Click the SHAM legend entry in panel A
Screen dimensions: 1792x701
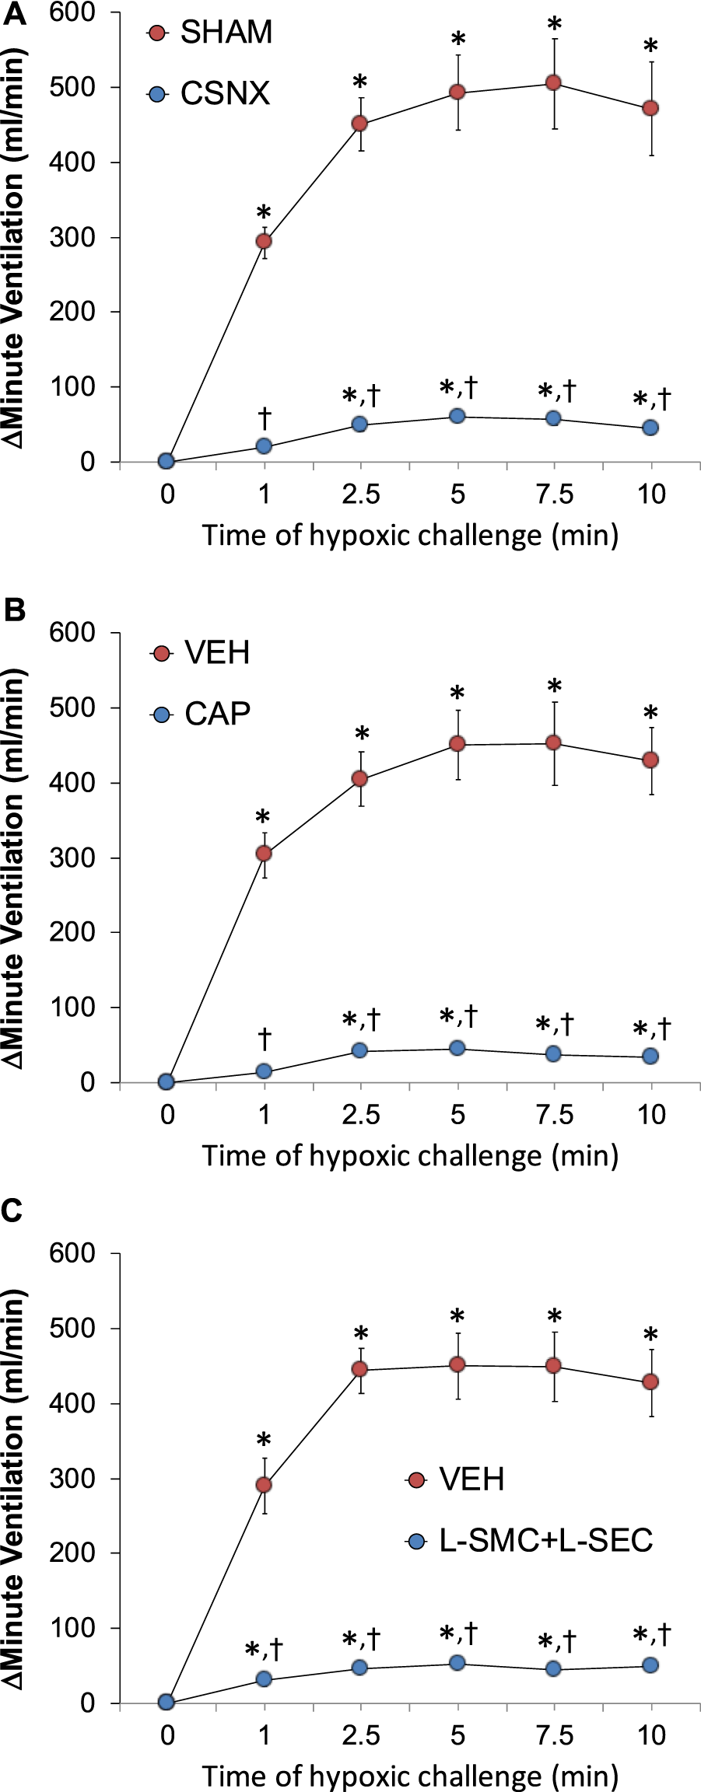pyautogui.click(x=226, y=33)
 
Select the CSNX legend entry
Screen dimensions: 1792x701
pyautogui.click(x=224, y=94)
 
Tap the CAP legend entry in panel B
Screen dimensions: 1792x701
pyautogui.click(x=216, y=714)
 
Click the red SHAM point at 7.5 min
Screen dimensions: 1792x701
pyautogui.click(x=553, y=82)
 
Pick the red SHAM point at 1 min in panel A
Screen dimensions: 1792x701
pyautogui.click(x=264, y=242)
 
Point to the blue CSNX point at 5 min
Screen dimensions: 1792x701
pyautogui.click(x=457, y=417)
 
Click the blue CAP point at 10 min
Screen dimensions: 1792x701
pyautogui.click(x=650, y=1056)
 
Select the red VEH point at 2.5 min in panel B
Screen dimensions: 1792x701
pyautogui.click(x=359, y=778)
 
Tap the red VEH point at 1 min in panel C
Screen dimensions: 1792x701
pyautogui.click(x=264, y=1485)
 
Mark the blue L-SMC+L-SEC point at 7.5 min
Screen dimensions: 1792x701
pyautogui.click(x=553, y=1668)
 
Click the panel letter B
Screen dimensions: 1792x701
pyautogui.click(x=14, y=610)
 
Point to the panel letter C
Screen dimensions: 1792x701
pyautogui.click(x=12, y=1210)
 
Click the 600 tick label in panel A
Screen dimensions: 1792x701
pyautogui.click(x=72, y=13)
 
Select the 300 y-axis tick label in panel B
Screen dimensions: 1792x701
pyautogui.click(x=72, y=858)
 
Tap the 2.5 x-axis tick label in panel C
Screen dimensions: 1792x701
pyautogui.click(x=361, y=1735)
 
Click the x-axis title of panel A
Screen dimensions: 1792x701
pyautogui.click(x=410, y=536)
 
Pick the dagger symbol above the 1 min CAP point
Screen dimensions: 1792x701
pyautogui.click(x=265, y=1038)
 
